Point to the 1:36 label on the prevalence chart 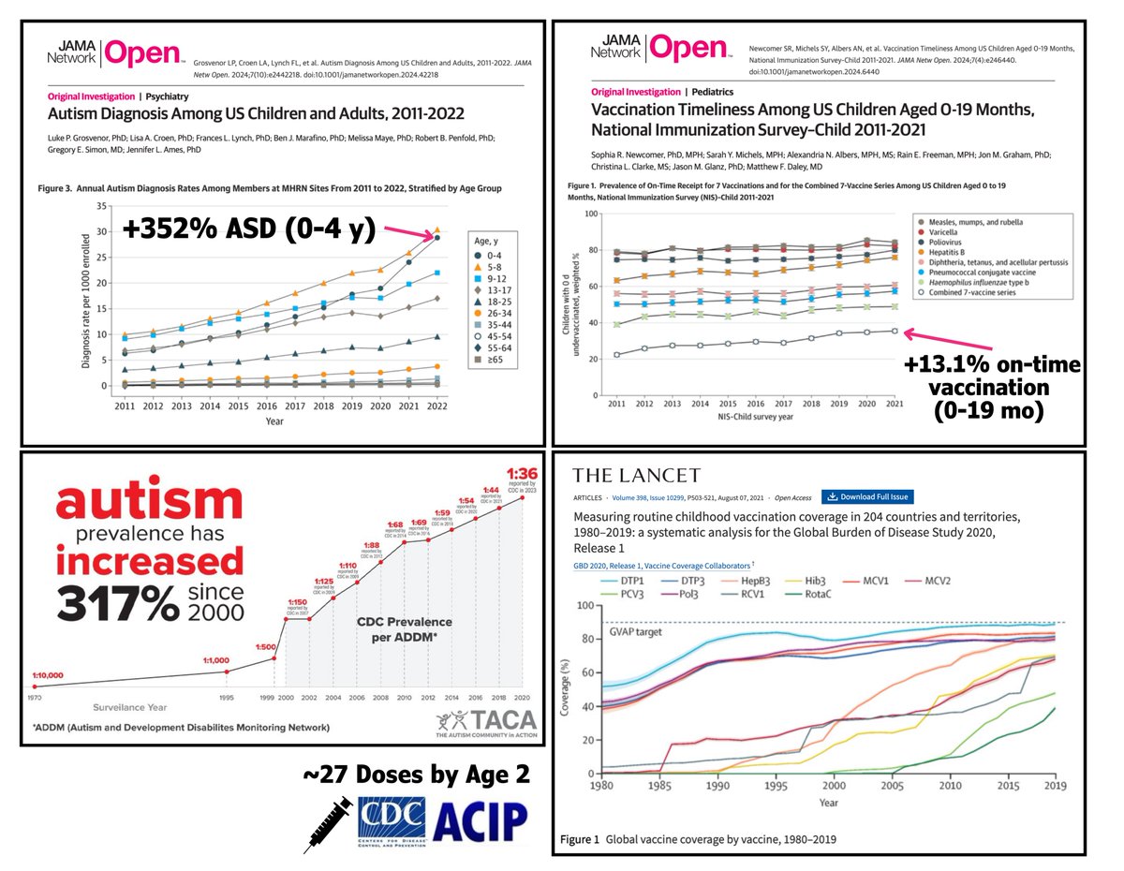tap(523, 473)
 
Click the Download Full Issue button tap(868, 497)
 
